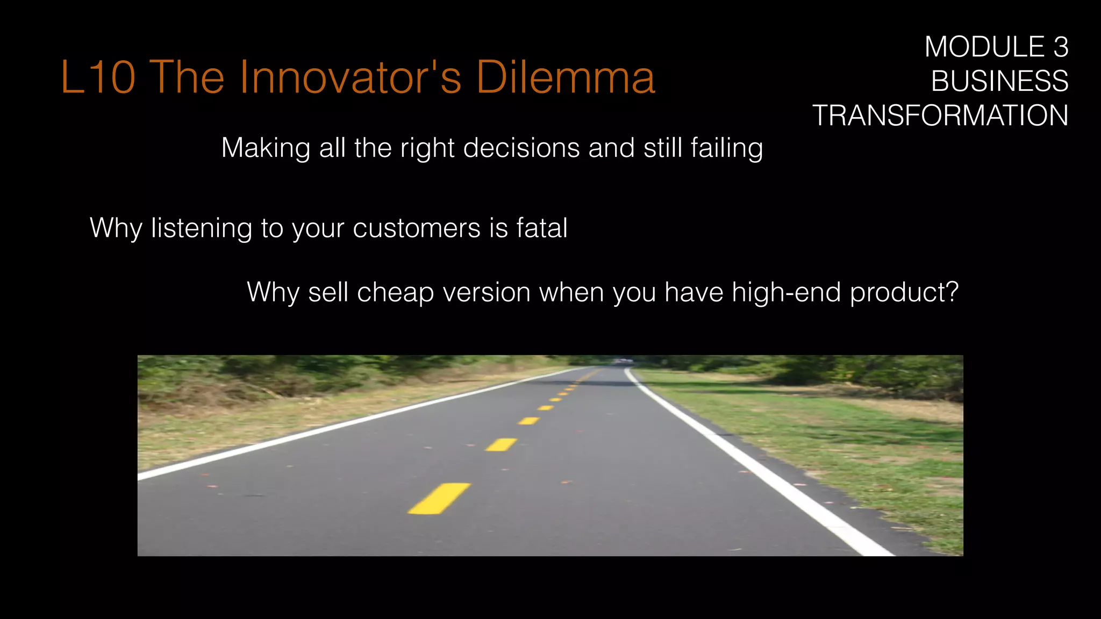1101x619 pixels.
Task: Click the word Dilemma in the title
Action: pos(566,77)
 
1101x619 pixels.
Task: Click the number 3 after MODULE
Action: pos(1061,47)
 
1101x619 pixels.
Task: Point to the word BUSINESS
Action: pos(999,81)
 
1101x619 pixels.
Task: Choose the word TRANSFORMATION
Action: pos(940,116)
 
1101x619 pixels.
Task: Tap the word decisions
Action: pos(521,148)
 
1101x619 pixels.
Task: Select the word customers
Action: pos(417,228)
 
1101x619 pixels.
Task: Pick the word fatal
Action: pos(542,228)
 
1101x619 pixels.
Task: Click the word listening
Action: pos(201,228)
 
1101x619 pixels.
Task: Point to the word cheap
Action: pos(395,292)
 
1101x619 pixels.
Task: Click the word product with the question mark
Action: pos(904,292)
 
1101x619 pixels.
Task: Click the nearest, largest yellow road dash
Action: pos(439,498)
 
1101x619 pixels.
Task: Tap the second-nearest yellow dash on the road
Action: pos(501,444)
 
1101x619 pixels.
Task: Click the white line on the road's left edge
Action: pos(344,424)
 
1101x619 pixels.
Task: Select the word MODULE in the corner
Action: pos(984,47)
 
